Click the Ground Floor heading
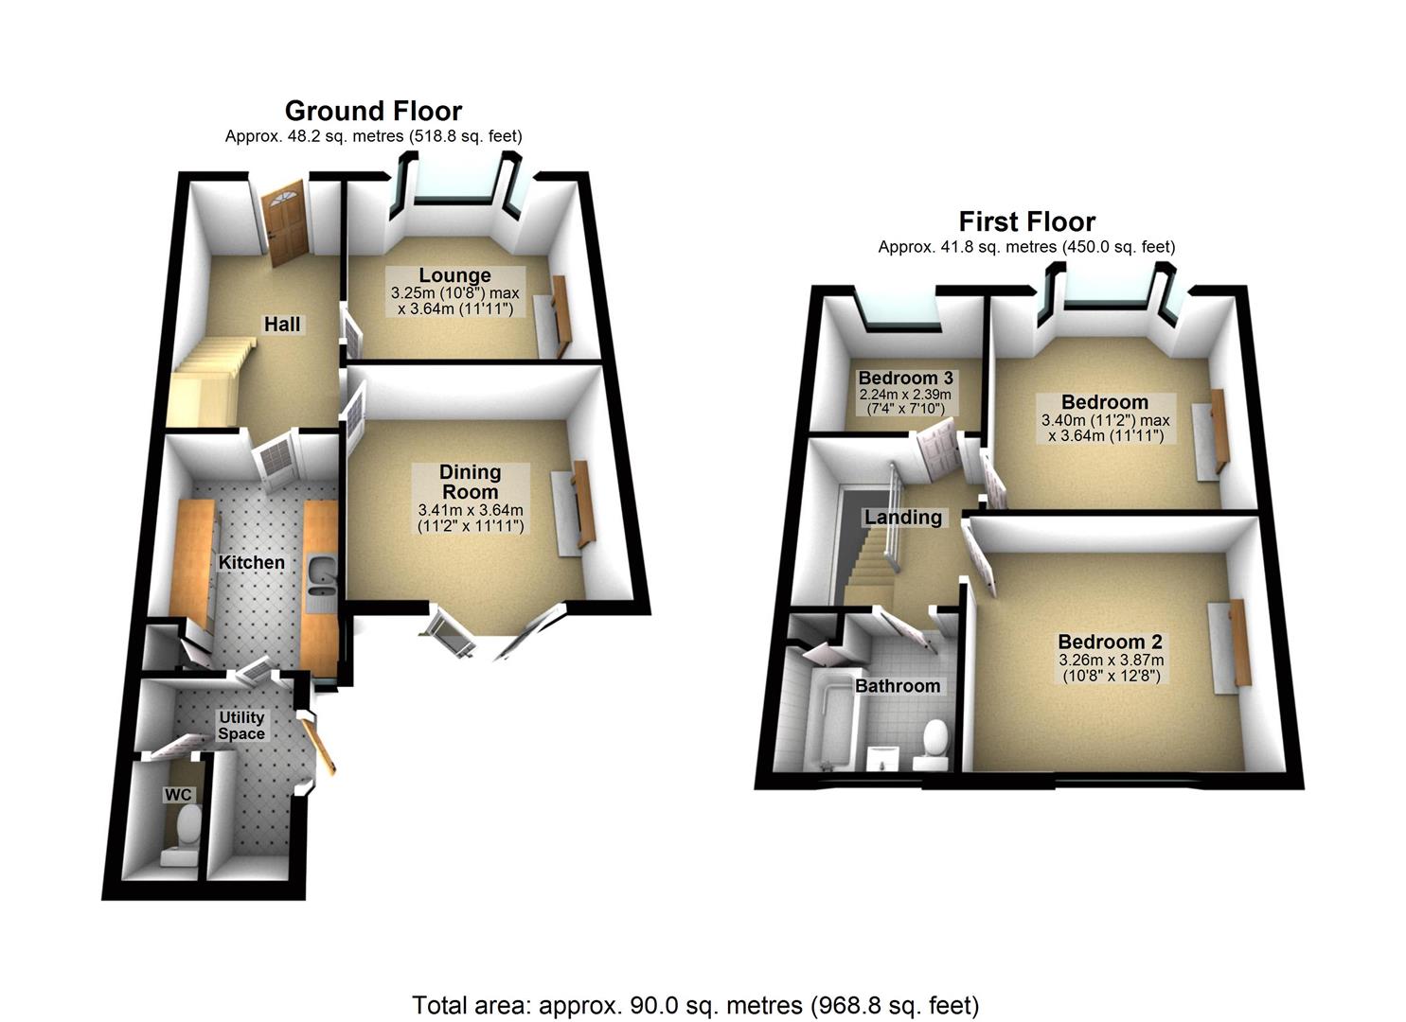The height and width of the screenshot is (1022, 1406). [373, 112]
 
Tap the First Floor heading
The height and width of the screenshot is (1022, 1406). [1026, 221]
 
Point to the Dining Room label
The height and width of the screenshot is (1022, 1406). [471, 482]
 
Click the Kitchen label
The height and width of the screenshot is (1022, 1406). [251, 562]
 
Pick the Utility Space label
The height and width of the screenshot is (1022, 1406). [241, 725]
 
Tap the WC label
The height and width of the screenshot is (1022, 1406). [177, 795]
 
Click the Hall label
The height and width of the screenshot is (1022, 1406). [282, 325]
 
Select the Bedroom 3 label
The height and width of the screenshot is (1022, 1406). [905, 379]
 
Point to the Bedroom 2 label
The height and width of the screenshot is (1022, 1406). [1111, 642]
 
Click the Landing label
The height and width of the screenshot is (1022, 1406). [903, 518]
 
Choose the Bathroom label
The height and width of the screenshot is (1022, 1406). [898, 686]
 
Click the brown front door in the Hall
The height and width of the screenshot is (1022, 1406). [283, 225]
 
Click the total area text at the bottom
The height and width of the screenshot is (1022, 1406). [695, 1004]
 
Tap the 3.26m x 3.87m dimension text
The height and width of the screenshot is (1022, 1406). [1111, 661]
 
